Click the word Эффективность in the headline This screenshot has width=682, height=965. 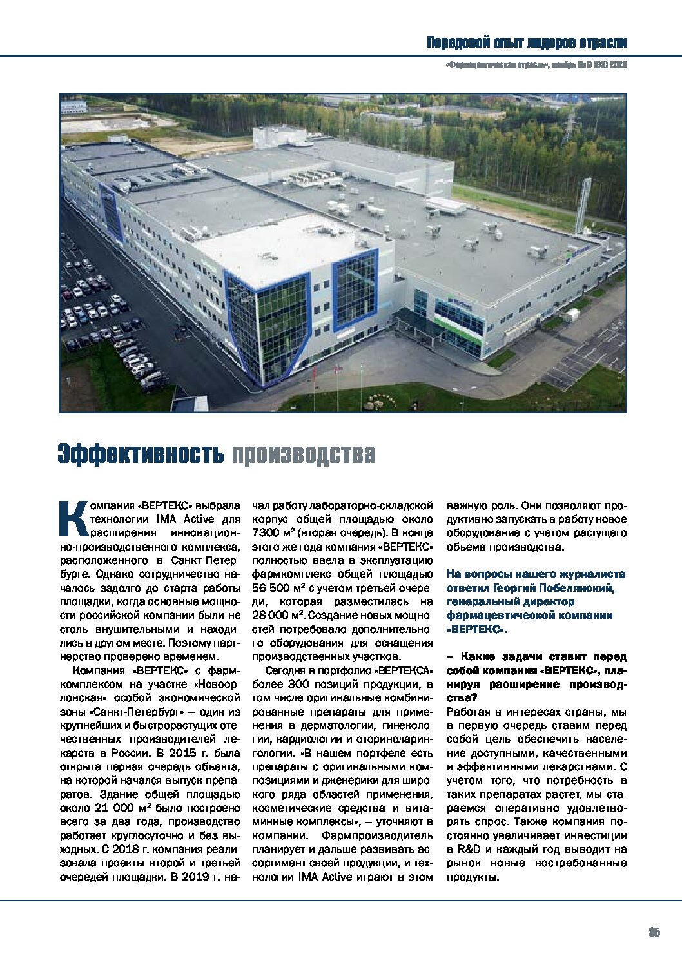(x=140, y=454)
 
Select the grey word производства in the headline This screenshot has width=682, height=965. (x=303, y=454)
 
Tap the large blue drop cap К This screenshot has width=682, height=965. (x=72, y=517)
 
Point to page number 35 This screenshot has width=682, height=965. (x=654, y=931)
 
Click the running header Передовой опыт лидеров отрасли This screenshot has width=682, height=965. (x=527, y=43)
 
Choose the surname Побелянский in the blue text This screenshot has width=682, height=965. (x=577, y=588)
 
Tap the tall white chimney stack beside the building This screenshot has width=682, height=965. (x=585, y=200)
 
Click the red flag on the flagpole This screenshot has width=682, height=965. (x=313, y=375)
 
